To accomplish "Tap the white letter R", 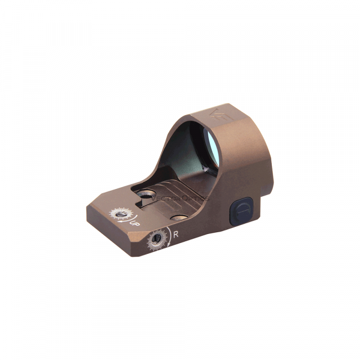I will [x=175, y=235].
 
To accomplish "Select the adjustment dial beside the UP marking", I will [x=120, y=214].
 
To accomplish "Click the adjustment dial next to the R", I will [x=158, y=239].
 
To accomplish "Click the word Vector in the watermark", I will [x=163, y=197].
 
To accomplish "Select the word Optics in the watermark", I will [x=196, y=198].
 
